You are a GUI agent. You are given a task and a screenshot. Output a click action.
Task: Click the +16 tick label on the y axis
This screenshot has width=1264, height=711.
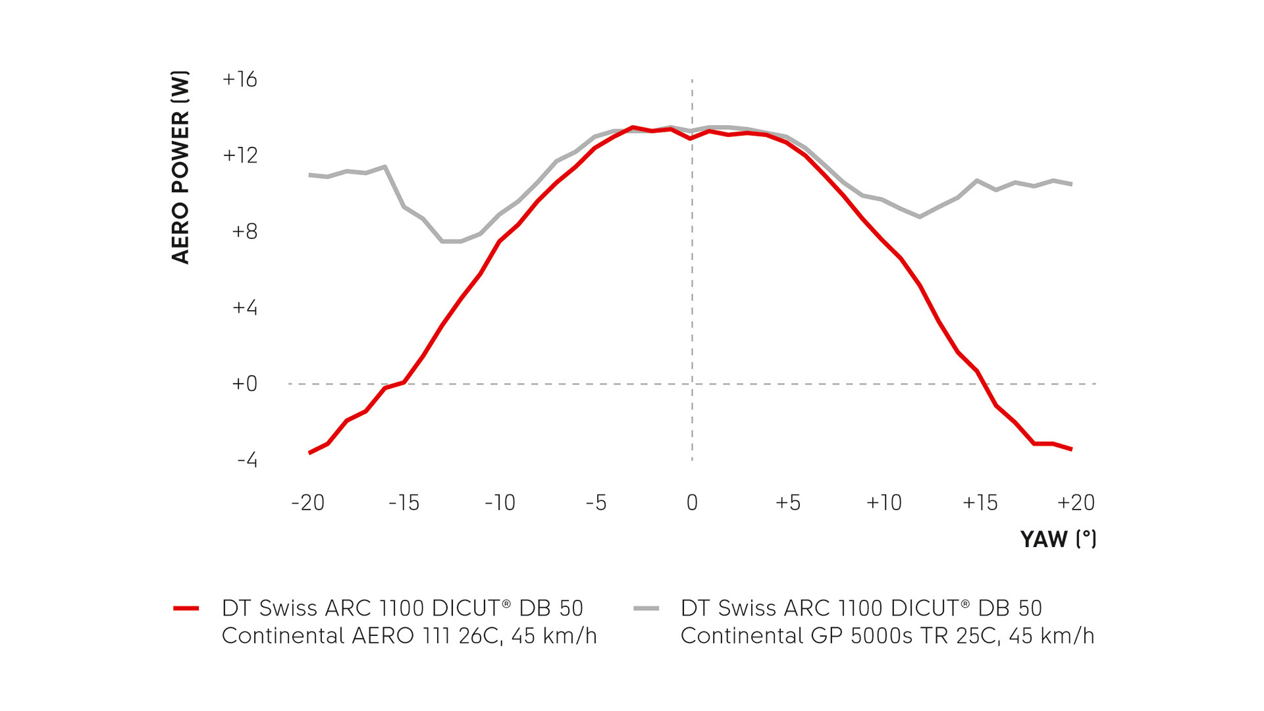click(x=240, y=80)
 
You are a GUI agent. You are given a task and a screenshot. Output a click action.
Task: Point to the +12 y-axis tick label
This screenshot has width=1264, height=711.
click(x=240, y=155)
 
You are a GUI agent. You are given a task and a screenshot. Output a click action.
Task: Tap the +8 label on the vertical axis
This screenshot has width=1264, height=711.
click(x=244, y=232)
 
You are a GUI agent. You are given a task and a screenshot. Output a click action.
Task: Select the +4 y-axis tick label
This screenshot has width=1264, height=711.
click(x=244, y=307)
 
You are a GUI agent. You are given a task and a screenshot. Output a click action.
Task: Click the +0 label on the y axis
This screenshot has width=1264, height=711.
click(x=244, y=384)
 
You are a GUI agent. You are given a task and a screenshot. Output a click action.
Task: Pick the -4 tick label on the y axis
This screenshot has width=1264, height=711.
click(x=247, y=460)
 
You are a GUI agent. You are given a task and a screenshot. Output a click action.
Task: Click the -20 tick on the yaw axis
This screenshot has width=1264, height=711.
click(x=308, y=503)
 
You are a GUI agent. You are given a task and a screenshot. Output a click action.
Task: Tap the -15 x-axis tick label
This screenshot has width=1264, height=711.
click(x=404, y=503)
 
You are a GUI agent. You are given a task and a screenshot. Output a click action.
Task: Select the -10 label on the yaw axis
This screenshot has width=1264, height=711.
click(x=500, y=503)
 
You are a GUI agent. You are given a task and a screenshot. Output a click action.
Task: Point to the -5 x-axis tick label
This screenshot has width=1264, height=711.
click(x=596, y=503)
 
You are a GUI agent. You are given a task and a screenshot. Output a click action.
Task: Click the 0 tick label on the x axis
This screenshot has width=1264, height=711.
click(x=692, y=503)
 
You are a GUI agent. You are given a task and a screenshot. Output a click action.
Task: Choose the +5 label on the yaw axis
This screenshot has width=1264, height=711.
click(x=788, y=503)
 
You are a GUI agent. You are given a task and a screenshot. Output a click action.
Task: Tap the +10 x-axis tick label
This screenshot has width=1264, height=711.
click(x=884, y=503)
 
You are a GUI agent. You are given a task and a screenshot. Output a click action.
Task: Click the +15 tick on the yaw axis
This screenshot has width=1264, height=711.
click(x=980, y=503)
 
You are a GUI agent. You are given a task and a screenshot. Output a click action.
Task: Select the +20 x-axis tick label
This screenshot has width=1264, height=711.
click(x=1076, y=503)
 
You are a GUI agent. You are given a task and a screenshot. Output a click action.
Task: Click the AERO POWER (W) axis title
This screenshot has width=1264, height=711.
click(x=180, y=167)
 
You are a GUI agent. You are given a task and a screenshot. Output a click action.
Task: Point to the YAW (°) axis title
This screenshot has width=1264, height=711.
click(x=1058, y=539)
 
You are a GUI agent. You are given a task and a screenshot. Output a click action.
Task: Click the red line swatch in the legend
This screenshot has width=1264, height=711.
click(x=186, y=608)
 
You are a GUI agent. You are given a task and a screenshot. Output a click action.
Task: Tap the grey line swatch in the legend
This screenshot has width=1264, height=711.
click(x=646, y=608)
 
